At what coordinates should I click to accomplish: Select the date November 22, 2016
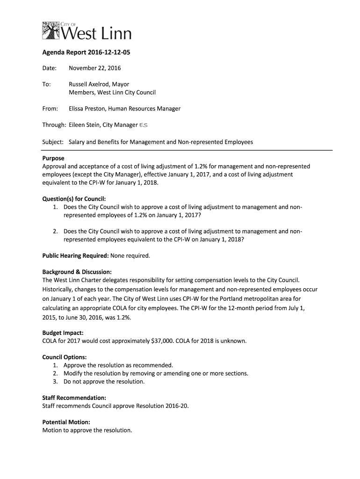point(95,68)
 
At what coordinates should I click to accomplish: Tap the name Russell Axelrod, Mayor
point(99,84)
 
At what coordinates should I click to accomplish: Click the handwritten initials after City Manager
point(144,125)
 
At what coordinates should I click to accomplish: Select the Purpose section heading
point(53,158)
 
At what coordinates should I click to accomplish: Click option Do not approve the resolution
point(104,381)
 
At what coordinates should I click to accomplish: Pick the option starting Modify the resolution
point(156,373)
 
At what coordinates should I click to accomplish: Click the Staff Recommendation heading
point(71,398)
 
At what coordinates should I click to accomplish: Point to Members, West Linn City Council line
point(112,93)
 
